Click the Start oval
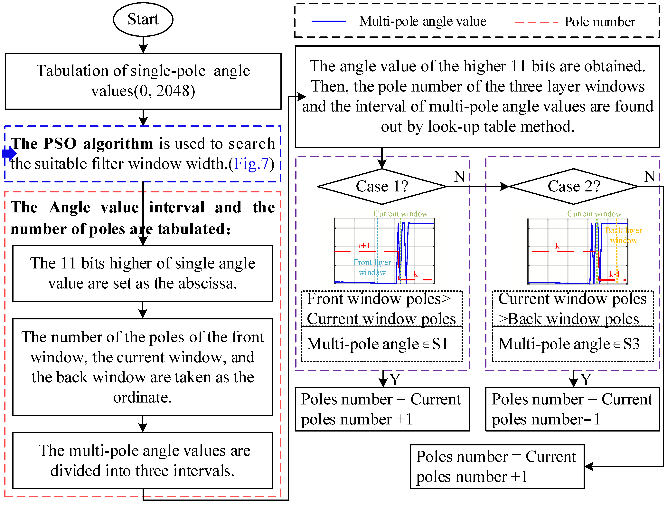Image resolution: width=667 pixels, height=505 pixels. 143,19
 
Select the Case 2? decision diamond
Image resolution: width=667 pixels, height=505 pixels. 574,186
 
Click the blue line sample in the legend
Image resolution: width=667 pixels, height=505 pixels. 329,21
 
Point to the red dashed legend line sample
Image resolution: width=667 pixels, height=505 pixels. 536,23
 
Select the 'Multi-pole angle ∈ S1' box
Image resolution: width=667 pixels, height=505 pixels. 381,344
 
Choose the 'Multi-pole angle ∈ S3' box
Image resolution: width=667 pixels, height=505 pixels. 572,344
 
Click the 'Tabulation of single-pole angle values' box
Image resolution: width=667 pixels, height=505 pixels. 143,81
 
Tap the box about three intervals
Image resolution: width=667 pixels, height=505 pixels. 143,461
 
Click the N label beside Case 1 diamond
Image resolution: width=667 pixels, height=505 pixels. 460,177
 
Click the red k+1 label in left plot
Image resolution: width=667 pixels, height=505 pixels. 363,246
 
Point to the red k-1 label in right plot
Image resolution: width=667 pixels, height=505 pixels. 614,274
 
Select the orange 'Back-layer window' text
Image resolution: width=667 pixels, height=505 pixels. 624,235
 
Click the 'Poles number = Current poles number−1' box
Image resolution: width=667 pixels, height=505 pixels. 572,409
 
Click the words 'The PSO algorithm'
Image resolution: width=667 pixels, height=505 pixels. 82,144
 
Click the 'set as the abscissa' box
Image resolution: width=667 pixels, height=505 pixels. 143,273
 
